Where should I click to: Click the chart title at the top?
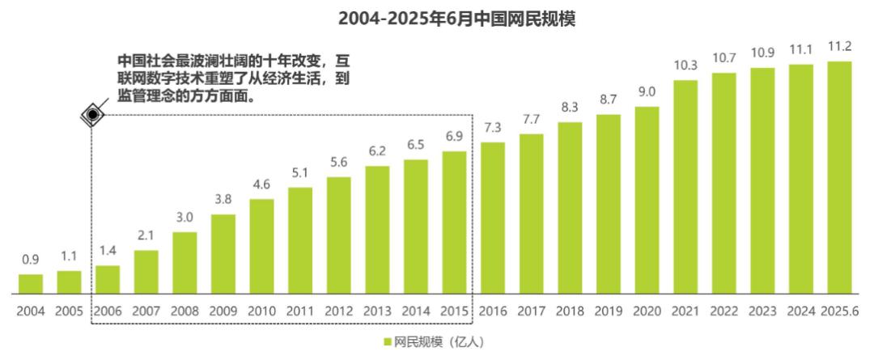[x=456, y=19]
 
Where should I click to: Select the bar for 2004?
[x=31, y=284]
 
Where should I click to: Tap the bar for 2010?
[x=262, y=246]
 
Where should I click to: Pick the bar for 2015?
[x=454, y=222]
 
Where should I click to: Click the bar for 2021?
[x=685, y=187]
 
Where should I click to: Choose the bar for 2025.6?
[x=839, y=177]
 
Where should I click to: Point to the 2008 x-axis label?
[x=185, y=311]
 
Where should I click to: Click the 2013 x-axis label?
[x=377, y=311]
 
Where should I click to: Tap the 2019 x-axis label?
[x=609, y=311]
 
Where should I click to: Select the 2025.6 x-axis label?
[x=840, y=311]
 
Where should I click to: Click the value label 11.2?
[x=839, y=46]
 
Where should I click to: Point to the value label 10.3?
[x=685, y=66]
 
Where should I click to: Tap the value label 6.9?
[x=454, y=136]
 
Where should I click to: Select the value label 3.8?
[x=223, y=200]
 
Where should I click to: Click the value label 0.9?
[x=31, y=259]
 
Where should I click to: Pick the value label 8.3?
[x=571, y=107]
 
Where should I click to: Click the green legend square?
[x=387, y=342]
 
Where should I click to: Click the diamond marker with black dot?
[x=92, y=115]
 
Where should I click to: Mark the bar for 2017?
[x=531, y=214]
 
